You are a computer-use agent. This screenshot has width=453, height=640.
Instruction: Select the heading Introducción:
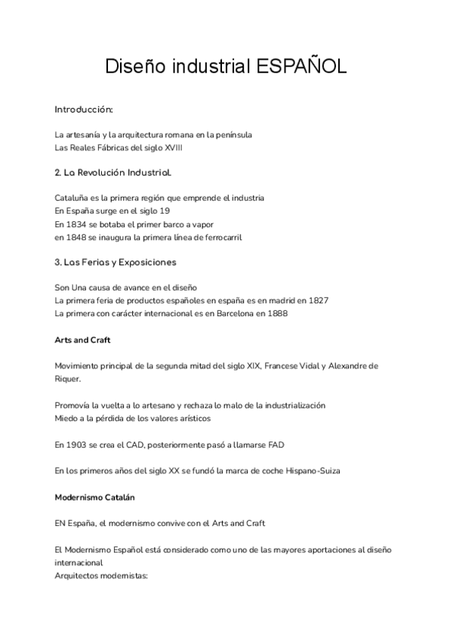[83, 109]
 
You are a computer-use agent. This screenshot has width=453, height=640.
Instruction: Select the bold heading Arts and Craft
[82, 340]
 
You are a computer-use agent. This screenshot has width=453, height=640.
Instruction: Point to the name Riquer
[68, 379]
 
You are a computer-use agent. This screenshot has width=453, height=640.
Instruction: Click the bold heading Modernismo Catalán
[96, 497]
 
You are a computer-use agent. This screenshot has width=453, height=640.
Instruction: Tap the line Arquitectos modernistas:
[102, 576]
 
